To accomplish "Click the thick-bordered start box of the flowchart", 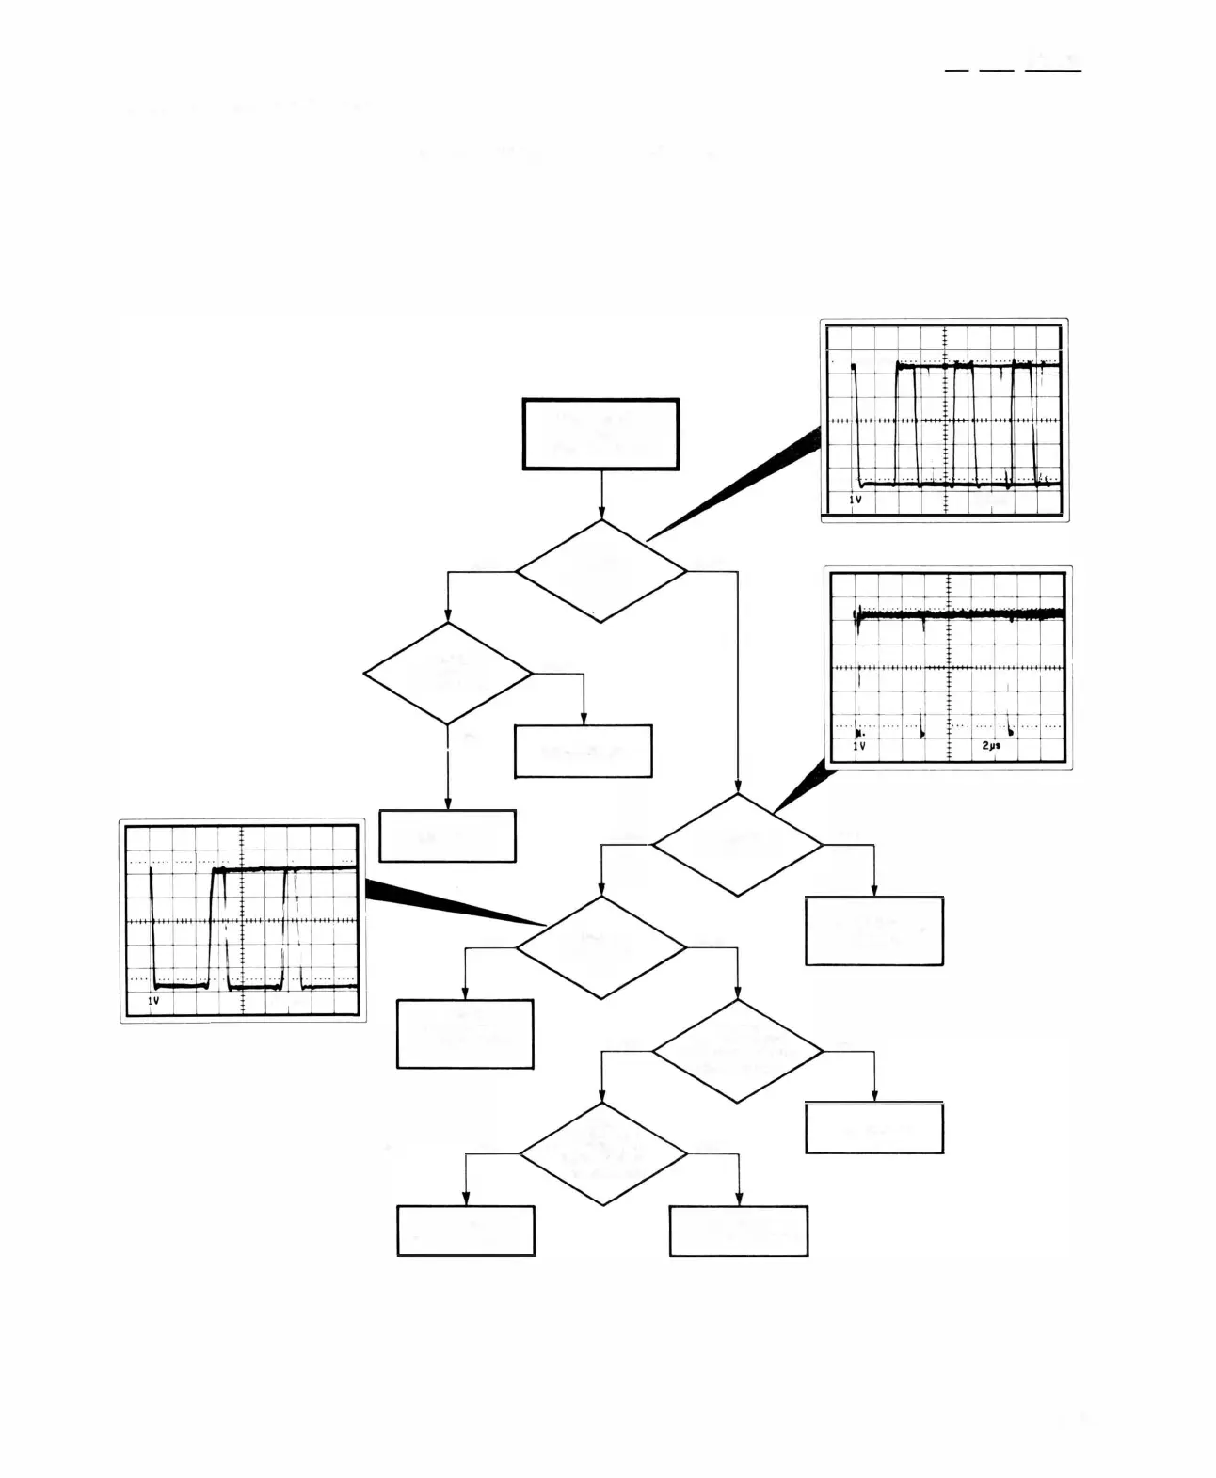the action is click(x=600, y=434).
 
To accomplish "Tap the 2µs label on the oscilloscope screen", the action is click(x=991, y=745).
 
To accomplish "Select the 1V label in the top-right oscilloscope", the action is click(x=856, y=500).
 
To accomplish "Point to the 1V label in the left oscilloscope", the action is click(x=153, y=1002).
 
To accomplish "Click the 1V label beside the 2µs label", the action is click(x=859, y=745).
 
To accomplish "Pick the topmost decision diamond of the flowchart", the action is click(x=600, y=571).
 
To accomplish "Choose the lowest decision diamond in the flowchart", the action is click(x=602, y=1153).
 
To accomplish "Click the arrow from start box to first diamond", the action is click(x=600, y=495).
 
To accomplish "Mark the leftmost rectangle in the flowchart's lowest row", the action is click(x=466, y=1231).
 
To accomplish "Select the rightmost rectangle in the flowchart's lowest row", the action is click(x=739, y=1231).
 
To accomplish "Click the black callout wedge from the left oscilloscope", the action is click(x=442, y=903).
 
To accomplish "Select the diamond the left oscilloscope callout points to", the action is click(x=600, y=946).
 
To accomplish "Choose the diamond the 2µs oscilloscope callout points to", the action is click(x=737, y=844).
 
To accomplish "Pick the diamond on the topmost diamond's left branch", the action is click(x=447, y=673).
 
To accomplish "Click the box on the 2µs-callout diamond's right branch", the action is click(x=874, y=930).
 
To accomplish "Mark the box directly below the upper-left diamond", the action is click(x=447, y=835).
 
